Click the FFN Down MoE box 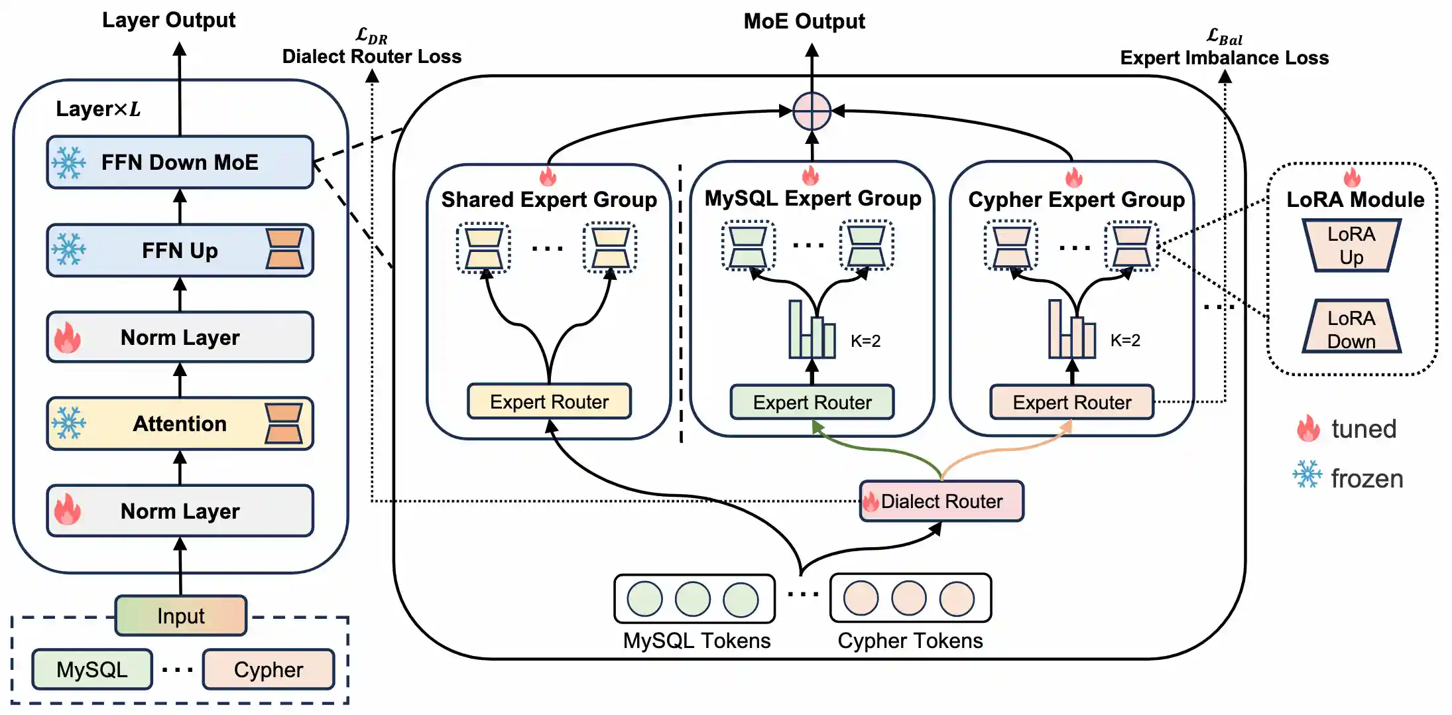180,162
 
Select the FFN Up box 180,250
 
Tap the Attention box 180,423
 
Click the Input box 181,616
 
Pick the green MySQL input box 92,669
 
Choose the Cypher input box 269,669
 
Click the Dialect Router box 941,501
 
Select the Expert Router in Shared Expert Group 549,401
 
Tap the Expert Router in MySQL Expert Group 812,402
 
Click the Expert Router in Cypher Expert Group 1072,402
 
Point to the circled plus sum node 812,111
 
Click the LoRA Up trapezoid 1351,245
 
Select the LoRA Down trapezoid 1351,329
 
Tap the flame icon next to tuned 1308,428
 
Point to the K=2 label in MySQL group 865,341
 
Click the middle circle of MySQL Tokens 693,599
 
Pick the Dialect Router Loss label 372,56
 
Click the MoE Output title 804,21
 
